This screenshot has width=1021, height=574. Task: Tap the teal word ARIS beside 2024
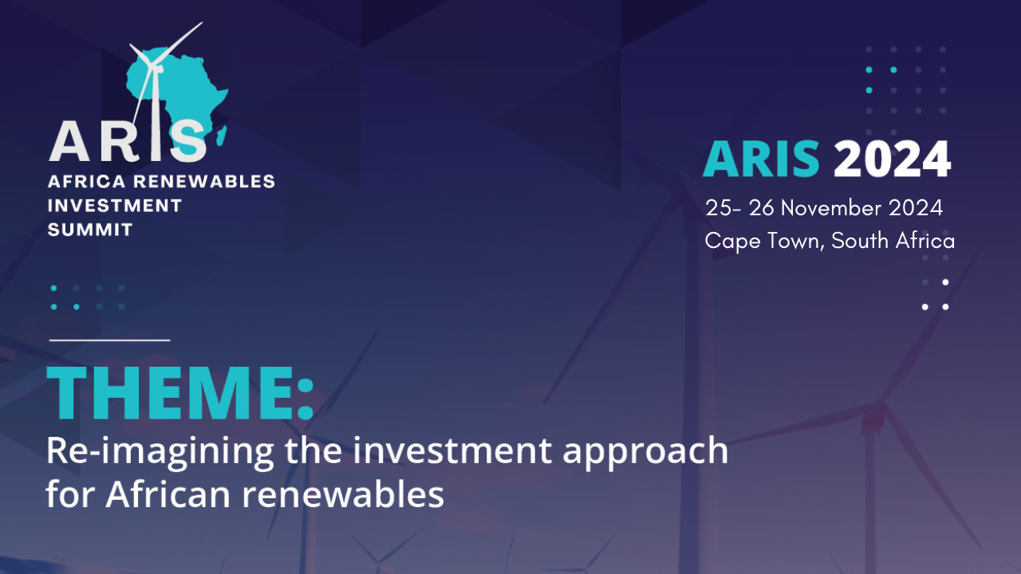pyautogui.click(x=762, y=159)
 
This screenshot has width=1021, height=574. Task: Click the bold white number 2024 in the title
pyautogui.click(x=893, y=159)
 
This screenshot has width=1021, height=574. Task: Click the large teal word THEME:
pyautogui.click(x=180, y=393)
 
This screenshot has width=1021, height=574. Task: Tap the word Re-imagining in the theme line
pyautogui.click(x=160, y=452)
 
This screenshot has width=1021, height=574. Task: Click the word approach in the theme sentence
pyautogui.click(x=645, y=452)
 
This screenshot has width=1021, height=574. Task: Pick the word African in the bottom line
pyautogui.click(x=168, y=494)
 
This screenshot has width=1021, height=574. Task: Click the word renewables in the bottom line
pyautogui.click(x=343, y=494)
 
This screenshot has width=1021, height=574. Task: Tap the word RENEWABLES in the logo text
pyautogui.click(x=203, y=181)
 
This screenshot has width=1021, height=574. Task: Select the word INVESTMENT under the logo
pyautogui.click(x=115, y=206)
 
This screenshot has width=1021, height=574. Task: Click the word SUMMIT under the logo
pyautogui.click(x=90, y=230)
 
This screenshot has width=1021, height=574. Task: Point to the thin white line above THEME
pyautogui.click(x=109, y=340)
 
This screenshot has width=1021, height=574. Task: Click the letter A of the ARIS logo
pyautogui.click(x=69, y=141)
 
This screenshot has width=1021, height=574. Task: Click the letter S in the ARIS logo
pyautogui.click(x=188, y=141)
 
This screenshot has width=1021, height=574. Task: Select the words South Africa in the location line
pyautogui.click(x=893, y=241)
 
